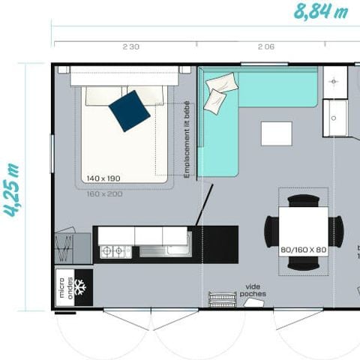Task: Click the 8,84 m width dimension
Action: coord(321,12)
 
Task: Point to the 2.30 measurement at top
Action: coord(130,47)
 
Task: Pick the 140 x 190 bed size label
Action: coord(103,178)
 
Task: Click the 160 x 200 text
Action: coord(103,193)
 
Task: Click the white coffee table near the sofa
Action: coord(276,133)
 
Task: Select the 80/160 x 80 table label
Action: coord(303,249)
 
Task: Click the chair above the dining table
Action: coord(303,200)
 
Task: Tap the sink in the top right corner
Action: coord(335,79)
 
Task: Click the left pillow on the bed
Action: coord(102,94)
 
